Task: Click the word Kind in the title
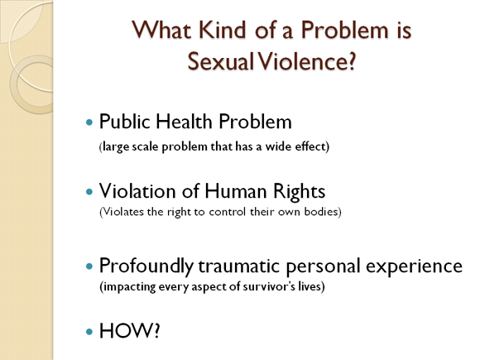[x=223, y=30]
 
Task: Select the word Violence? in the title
[x=306, y=61]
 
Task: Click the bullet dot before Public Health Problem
[x=89, y=122]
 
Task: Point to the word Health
[x=185, y=122]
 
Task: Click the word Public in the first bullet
[x=125, y=122]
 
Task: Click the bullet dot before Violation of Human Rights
[x=89, y=192]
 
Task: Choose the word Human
[x=235, y=191]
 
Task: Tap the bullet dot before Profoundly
[x=89, y=266]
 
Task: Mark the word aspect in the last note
[x=209, y=287]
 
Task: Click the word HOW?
[x=129, y=331]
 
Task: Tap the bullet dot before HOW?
[x=89, y=332]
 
